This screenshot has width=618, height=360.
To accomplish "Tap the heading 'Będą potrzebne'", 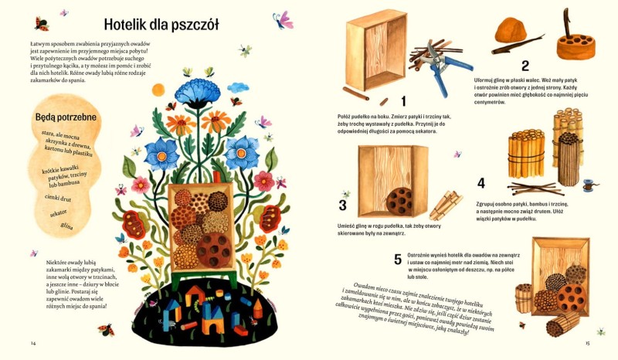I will coord(64,118).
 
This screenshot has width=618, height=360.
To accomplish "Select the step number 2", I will coord(525,66).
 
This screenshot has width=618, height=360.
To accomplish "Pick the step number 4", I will coord(481,183).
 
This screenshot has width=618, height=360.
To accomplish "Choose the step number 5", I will coord(398,259).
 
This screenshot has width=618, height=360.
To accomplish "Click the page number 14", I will coord(33,342).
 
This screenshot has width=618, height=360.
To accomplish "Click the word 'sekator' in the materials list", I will coord(59,211).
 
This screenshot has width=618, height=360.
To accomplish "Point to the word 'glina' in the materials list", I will coord(67,226).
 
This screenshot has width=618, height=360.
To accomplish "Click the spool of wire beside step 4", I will coord(587,186).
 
